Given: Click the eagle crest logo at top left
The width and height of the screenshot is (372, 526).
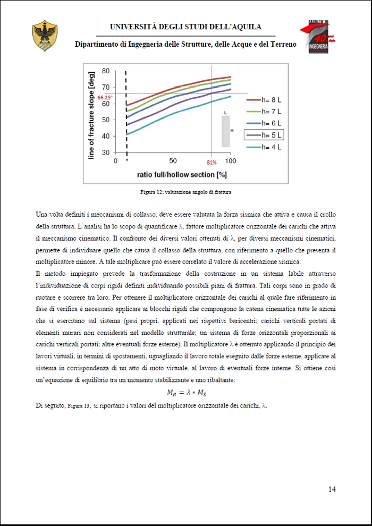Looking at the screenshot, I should (45, 36).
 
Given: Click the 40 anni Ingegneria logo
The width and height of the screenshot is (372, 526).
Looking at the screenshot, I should (318, 37).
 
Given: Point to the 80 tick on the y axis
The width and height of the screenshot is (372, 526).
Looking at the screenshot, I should (105, 71).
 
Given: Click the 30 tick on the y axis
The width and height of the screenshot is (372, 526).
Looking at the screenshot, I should (105, 153).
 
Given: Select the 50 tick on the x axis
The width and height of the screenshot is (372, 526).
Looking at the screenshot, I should (173, 161).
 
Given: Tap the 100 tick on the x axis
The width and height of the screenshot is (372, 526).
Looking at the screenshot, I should (230, 161).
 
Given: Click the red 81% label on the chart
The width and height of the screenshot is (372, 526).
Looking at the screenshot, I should (212, 162).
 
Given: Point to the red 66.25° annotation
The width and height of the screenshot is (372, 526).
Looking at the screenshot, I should (105, 97).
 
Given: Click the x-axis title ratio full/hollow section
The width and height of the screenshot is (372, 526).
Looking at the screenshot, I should (178, 174).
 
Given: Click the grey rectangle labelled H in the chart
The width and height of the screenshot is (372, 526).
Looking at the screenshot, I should (225, 131).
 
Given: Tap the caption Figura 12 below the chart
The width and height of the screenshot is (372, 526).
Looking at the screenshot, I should (185, 191).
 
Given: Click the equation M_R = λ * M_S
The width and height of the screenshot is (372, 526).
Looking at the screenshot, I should (185, 393).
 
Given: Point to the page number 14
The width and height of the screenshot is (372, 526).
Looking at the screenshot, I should (332, 489).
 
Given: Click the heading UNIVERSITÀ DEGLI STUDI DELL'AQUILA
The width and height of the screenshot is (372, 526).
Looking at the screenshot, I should (185, 27).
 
